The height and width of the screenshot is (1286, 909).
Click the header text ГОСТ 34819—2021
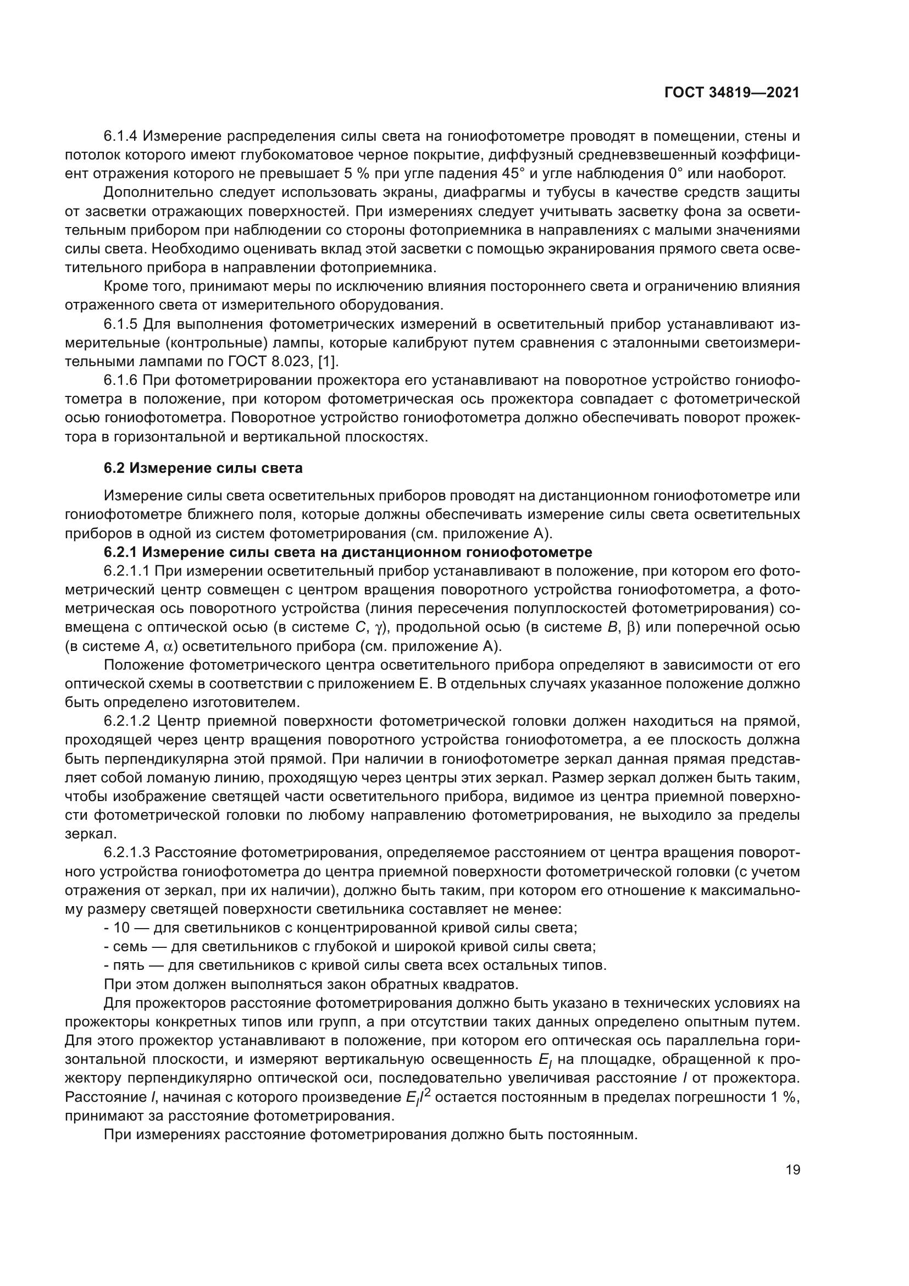click(x=731, y=92)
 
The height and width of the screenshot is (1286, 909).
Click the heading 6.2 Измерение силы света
click(x=203, y=468)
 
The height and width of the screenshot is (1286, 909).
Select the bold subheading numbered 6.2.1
click(x=347, y=552)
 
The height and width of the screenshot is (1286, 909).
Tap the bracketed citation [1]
click(x=328, y=362)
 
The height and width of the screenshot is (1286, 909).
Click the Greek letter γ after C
click(x=377, y=628)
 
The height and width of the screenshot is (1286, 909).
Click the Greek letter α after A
click(x=168, y=647)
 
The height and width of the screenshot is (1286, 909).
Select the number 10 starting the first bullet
click(x=121, y=928)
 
